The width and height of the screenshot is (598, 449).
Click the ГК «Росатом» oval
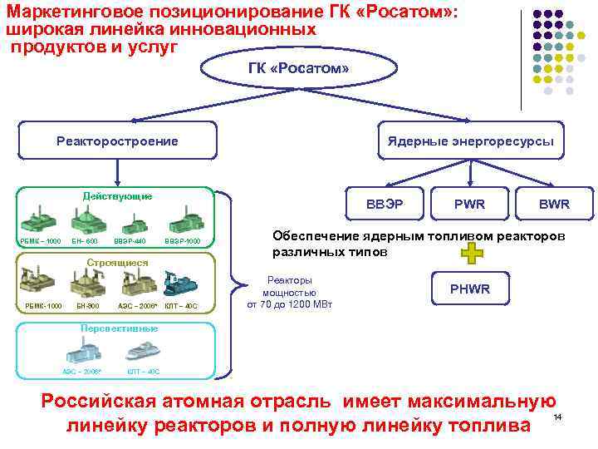[298, 68]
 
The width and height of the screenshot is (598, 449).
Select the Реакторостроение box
[117, 141]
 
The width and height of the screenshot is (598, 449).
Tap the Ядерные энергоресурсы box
[470, 141]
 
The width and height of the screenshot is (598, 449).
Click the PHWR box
[469, 289]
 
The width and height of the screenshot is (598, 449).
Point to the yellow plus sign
[470, 254]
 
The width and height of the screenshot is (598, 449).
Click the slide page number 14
[558, 416]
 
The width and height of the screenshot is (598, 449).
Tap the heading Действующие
[117, 196]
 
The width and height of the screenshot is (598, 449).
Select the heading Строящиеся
[117, 263]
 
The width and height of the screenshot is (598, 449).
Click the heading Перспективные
[119, 328]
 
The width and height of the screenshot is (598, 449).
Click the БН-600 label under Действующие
[85, 241]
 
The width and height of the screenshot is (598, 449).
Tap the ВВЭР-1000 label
[182, 241]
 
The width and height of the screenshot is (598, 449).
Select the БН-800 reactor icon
[86, 285]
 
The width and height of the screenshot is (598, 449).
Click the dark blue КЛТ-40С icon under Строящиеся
[179, 285]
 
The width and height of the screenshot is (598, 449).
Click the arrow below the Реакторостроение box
[118, 172]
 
